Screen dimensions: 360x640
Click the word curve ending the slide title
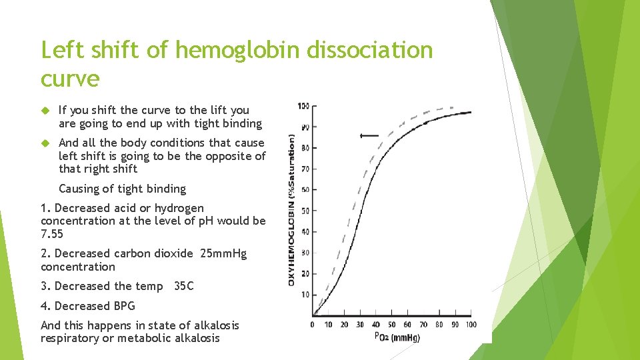70,79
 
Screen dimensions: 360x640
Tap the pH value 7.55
52,234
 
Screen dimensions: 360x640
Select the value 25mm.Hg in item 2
223,253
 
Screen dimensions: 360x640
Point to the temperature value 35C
183,286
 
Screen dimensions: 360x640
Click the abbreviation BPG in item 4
124,306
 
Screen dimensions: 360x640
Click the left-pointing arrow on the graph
368,135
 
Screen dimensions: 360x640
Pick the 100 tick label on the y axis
303,106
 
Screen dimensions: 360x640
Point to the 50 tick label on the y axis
304,211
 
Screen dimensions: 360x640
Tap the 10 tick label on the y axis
304,295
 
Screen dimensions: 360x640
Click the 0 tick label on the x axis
313,325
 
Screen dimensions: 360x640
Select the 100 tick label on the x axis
471,325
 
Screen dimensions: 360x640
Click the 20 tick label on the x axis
344,325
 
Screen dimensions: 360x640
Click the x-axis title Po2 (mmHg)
397,337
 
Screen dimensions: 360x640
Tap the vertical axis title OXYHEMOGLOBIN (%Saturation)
291,210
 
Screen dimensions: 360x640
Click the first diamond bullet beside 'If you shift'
46,111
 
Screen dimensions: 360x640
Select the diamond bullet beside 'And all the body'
46,143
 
